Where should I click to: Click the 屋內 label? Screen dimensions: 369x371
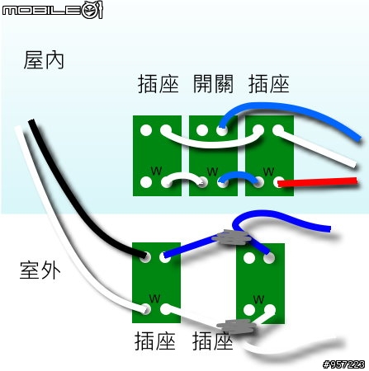coord(44,59)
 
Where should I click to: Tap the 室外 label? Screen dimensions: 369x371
coord(40,270)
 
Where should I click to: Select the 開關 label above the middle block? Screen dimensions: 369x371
coord(213,83)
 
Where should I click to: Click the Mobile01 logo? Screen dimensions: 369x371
coord(52,10)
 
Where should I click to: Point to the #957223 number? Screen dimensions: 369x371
coord(344,364)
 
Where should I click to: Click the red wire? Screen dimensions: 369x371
coord(317,182)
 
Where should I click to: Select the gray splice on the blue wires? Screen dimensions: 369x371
coord(233,237)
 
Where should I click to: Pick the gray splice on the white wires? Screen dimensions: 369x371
coord(237,326)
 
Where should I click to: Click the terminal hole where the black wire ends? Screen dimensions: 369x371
coord(145,256)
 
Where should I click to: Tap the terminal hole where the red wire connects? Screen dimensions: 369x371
coord(278,182)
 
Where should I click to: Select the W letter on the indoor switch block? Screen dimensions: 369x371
coord(212,171)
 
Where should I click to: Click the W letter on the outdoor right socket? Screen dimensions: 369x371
coord(258,299)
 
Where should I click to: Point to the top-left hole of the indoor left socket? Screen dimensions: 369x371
coord(146,130)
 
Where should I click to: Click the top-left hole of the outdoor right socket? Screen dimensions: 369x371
coord(249,257)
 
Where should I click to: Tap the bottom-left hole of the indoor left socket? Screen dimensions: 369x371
coord(146,182)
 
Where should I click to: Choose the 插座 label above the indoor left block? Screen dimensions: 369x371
coord(158,83)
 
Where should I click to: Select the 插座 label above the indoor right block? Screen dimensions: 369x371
coord(269,83)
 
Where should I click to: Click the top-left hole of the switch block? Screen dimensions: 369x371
coord(202,130)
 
